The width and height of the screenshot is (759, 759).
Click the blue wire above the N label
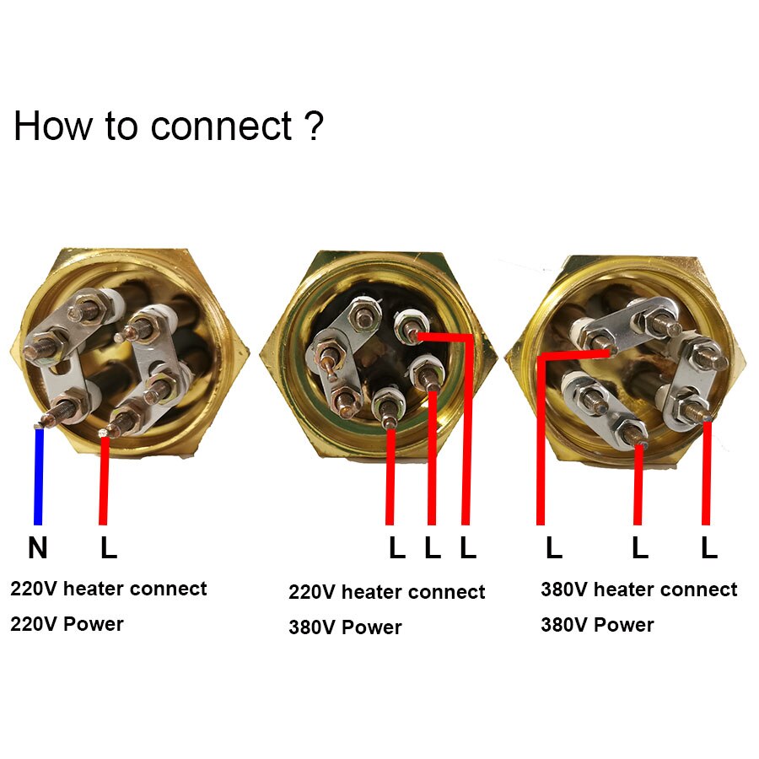pos(38,476)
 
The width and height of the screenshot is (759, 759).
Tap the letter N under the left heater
pos(37,549)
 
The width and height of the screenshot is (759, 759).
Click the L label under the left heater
pos(109,549)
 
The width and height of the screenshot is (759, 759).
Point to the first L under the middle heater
pos(396,549)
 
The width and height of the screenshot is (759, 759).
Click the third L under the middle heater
pos(468,549)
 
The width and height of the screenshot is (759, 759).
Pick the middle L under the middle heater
pos(433,549)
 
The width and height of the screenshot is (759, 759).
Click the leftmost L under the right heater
pos(553,549)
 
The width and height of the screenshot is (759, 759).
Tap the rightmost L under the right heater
pos(708,549)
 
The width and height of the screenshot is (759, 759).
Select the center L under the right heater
pos(640,549)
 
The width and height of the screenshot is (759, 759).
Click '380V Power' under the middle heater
pos(345,627)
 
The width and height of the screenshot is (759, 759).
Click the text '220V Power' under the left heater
pos(67,624)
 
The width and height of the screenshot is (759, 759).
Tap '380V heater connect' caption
pos(638,589)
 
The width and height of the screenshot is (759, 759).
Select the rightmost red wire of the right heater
pos(707,472)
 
